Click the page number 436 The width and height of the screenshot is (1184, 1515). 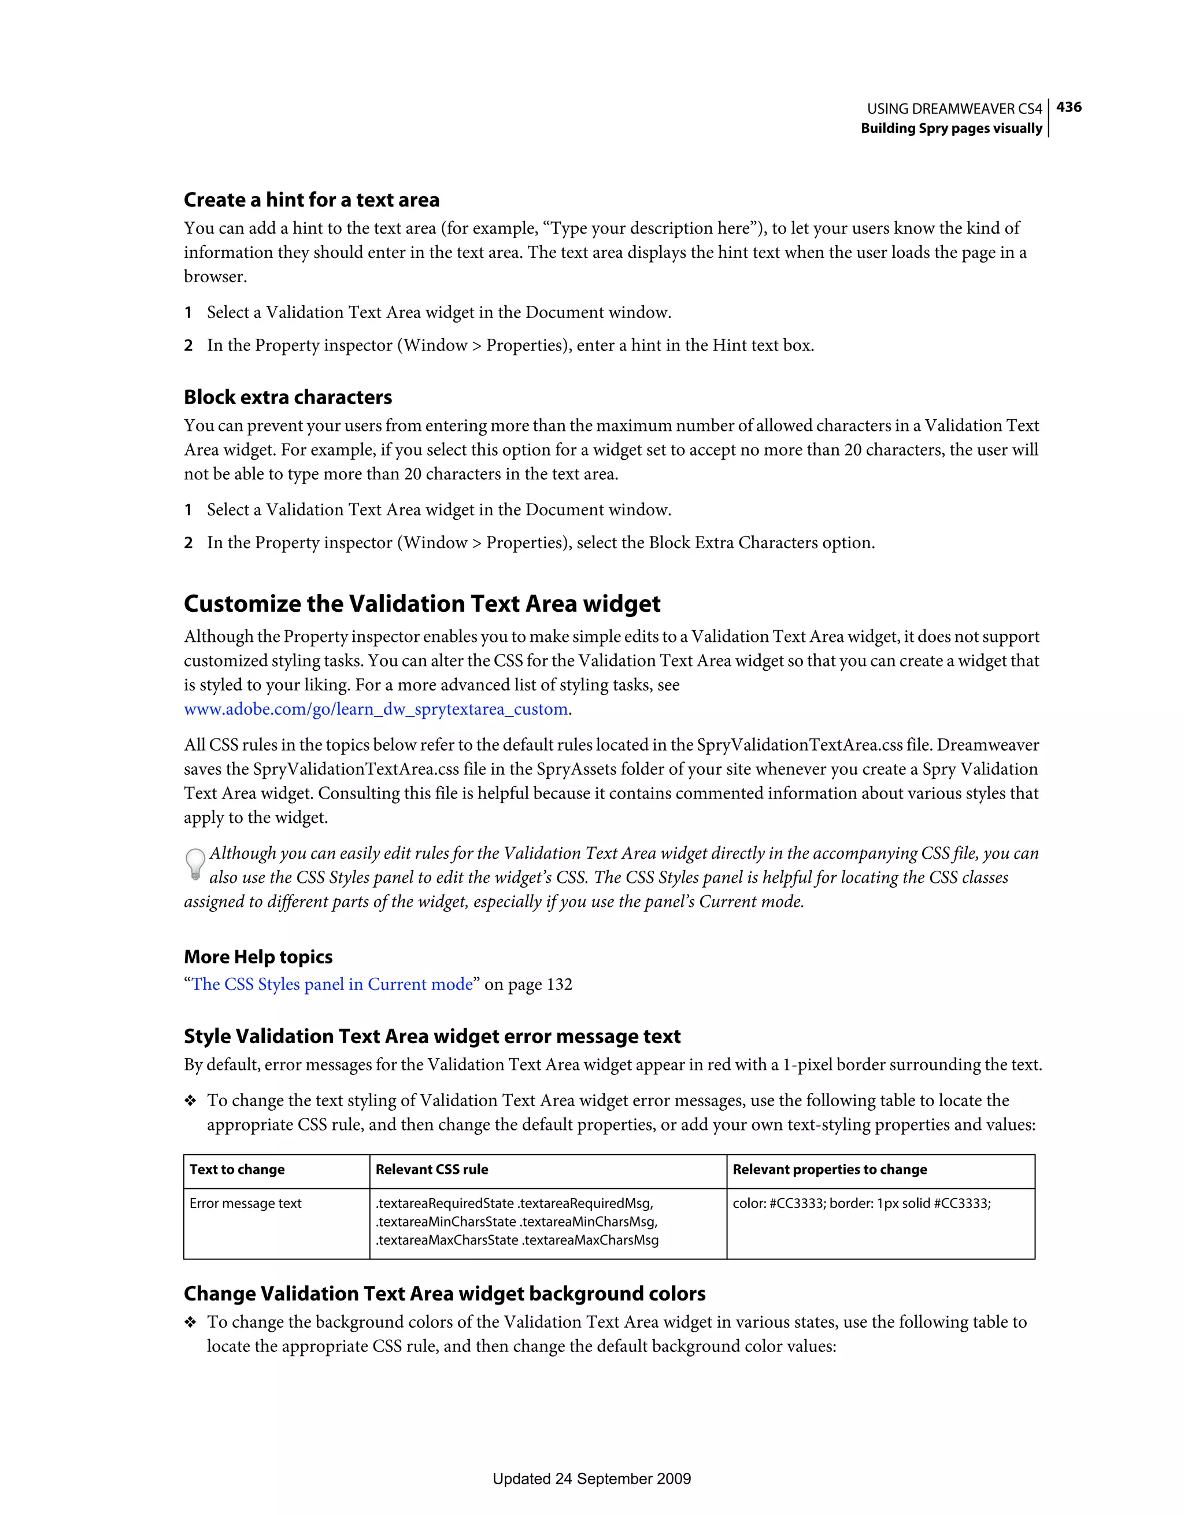pos(1068,108)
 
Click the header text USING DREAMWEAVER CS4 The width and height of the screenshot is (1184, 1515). pos(954,109)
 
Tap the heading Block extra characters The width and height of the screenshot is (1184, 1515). pos(288,397)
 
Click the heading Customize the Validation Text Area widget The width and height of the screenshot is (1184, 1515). pos(421,604)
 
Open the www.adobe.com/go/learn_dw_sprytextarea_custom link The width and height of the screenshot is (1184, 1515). pos(376,710)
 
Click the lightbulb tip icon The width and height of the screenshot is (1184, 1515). pos(195,864)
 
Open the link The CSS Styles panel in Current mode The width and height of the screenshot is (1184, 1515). pos(332,985)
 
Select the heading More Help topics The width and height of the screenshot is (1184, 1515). pos(258,957)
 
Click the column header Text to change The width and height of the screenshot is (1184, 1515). pos(237,1170)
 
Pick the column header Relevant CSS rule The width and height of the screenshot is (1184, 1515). pos(431,1170)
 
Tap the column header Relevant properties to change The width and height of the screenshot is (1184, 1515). pos(830,1170)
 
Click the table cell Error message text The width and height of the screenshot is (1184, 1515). pos(246,1203)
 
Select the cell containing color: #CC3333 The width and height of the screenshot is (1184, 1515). pos(861,1203)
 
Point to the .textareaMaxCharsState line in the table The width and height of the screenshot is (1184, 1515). pos(517,1240)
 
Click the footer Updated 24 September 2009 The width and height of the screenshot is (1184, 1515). pos(591,1479)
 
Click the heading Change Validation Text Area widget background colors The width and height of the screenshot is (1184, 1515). pos(445,1294)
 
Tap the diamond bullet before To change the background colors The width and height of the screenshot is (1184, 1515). pos(190,1324)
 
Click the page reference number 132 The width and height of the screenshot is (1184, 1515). pos(559,985)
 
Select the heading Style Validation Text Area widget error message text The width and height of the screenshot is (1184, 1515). pos(432,1036)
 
